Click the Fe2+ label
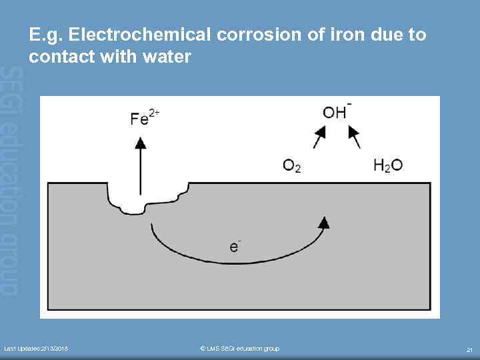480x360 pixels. [x=144, y=118]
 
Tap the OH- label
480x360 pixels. [x=337, y=111]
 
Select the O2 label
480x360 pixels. [x=292, y=165]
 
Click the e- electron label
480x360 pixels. [x=235, y=245]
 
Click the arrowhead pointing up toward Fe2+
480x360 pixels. [x=140, y=142]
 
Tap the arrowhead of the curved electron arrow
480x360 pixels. [x=324, y=223]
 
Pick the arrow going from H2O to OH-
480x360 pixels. [x=355, y=137]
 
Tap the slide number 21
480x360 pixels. [x=470, y=349]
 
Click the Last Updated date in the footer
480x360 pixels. [x=36, y=349]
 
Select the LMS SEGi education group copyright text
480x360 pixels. [x=240, y=349]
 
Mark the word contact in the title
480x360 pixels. [x=65, y=57]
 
